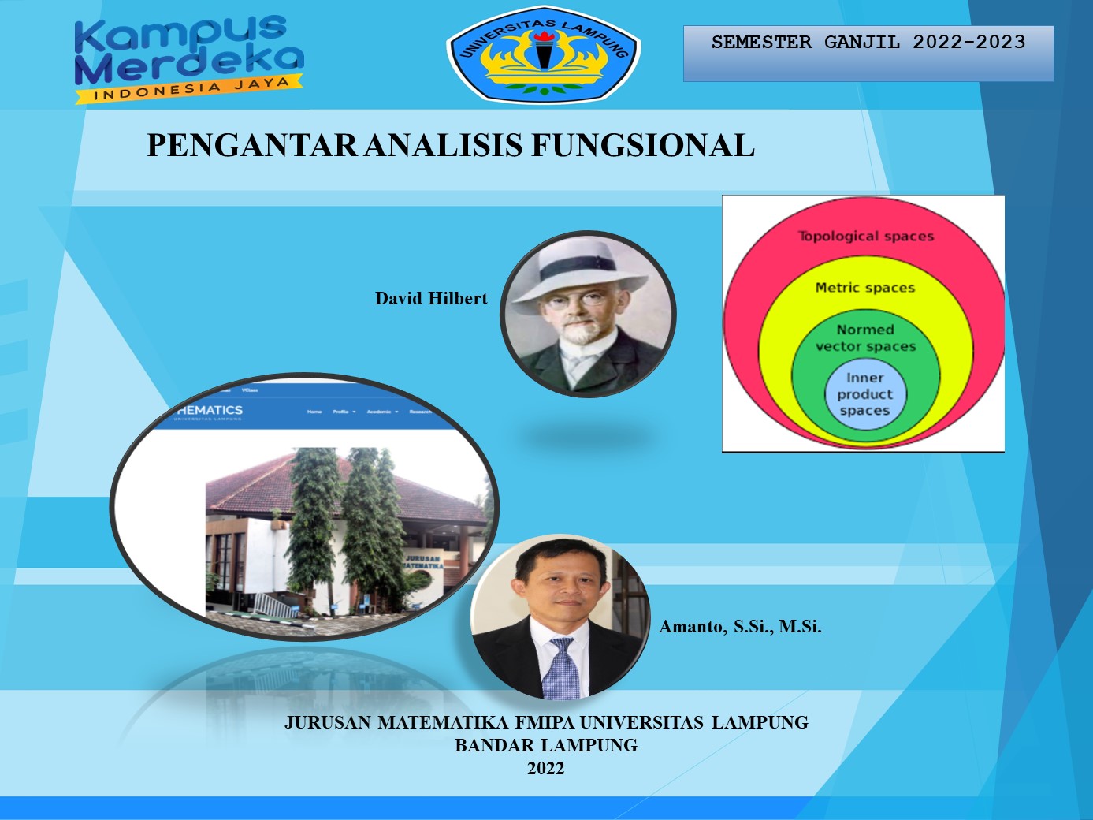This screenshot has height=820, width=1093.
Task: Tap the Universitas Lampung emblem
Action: [x=543, y=56]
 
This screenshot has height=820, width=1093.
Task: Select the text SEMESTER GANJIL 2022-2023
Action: [x=868, y=43]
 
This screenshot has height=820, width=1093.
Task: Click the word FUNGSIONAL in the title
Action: [x=642, y=146]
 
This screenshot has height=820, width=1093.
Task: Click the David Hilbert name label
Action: [x=431, y=299]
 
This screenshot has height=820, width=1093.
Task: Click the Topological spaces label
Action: [x=865, y=236]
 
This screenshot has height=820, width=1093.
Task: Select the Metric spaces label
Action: [x=864, y=288]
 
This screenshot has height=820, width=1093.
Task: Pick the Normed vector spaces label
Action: [x=865, y=338]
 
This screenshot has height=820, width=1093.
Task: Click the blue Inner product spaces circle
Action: [x=864, y=394]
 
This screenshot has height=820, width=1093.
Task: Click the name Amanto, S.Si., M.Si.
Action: [x=740, y=627]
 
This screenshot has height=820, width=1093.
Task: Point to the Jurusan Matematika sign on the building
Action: [x=423, y=562]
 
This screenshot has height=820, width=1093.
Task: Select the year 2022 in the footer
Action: [x=545, y=769]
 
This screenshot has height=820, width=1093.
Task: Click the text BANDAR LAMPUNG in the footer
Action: [x=545, y=745]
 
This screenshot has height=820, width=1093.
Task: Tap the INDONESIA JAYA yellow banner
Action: [x=189, y=89]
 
